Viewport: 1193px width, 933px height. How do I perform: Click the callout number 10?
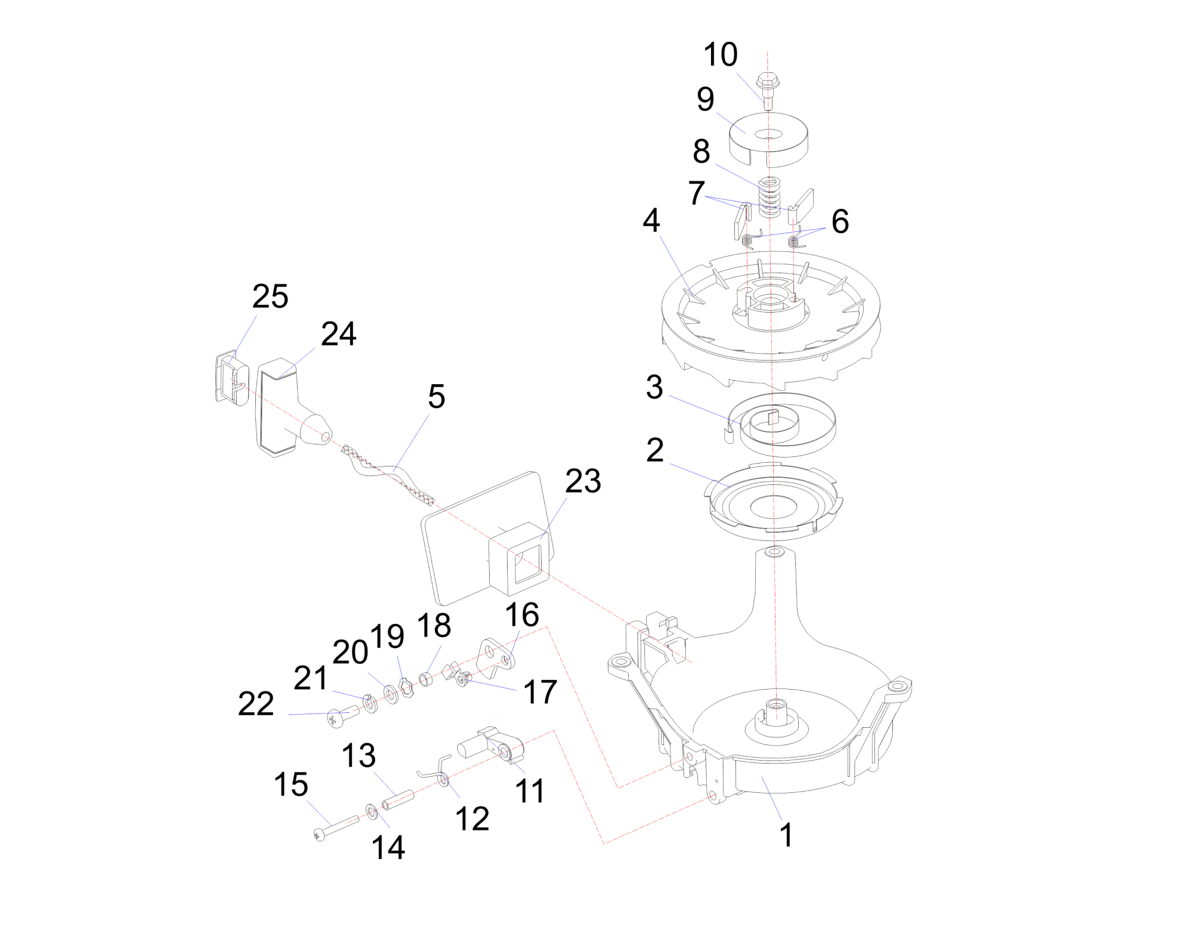(721, 54)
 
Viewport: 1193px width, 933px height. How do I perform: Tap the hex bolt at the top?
(768, 91)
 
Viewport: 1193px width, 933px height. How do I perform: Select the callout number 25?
(270, 296)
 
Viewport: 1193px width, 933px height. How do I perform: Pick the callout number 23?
(583, 481)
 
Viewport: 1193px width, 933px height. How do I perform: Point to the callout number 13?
(358, 756)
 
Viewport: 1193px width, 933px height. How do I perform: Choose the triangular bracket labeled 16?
(496, 660)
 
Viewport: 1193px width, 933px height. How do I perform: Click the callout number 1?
(787, 835)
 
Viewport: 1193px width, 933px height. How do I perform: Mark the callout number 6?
(840, 221)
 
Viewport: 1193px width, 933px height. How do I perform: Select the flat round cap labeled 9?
(768, 140)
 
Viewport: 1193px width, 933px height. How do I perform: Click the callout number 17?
(540, 692)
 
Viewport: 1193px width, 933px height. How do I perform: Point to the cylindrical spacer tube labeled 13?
(398, 800)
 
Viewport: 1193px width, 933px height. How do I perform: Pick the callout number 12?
(472, 818)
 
